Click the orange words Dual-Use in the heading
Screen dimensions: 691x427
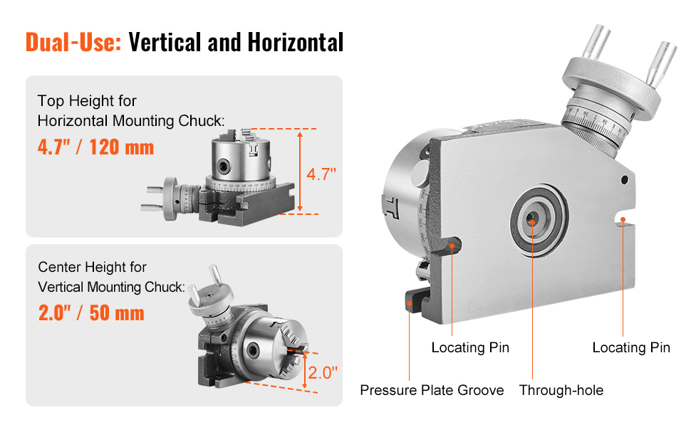(73, 42)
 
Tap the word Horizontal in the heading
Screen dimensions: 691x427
(295, 42)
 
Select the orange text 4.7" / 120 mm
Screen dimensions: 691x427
(95, 147)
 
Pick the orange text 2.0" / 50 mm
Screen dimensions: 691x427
(91, 313)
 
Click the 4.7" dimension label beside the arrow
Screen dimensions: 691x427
(321, 174)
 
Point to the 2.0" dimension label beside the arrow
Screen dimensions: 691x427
(323, 373)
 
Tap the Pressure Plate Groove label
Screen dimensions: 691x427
(432, 390)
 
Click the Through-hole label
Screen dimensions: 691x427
(561, 390)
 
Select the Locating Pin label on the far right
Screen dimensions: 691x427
(631, 347)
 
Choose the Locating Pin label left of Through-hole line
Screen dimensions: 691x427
(470, 347)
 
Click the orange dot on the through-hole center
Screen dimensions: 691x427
(532, 223)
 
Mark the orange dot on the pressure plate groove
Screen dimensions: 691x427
(410, 304)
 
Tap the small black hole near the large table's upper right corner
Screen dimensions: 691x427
(625, 179)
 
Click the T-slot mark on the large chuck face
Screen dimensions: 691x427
(390, 206)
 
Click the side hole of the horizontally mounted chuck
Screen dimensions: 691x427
(223, 166)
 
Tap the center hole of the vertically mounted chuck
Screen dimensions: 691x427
(252, 350)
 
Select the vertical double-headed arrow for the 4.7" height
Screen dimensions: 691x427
(300, 172)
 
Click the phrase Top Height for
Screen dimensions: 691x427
(87, 101)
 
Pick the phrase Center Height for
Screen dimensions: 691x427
(92, 267)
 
